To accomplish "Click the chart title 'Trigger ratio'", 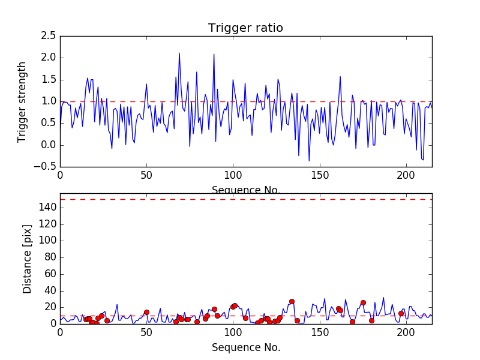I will point(245,28).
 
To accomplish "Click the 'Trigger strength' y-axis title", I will point(22,101).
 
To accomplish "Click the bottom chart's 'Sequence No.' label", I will point(246,347).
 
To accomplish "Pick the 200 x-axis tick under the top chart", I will point(406,176).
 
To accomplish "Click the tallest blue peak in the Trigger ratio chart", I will point(179,53).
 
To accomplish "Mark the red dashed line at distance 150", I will point(246,199).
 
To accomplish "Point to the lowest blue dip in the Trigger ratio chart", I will point(309,160).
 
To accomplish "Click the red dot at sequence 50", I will point(146,312).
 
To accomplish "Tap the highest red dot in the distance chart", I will point(292,301).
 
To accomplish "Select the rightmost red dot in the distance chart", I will point(401,313).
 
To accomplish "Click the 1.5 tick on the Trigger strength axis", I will point(49,80).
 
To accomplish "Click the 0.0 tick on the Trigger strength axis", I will point(49,145).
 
